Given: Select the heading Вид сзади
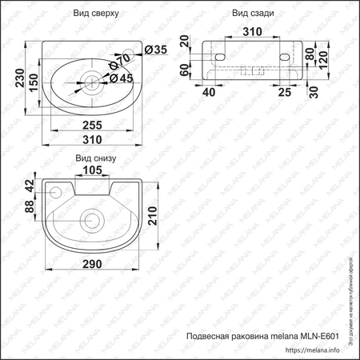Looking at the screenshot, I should point(254,14).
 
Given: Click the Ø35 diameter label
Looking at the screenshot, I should point(155,50).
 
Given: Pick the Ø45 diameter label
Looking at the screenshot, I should point(121,78).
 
